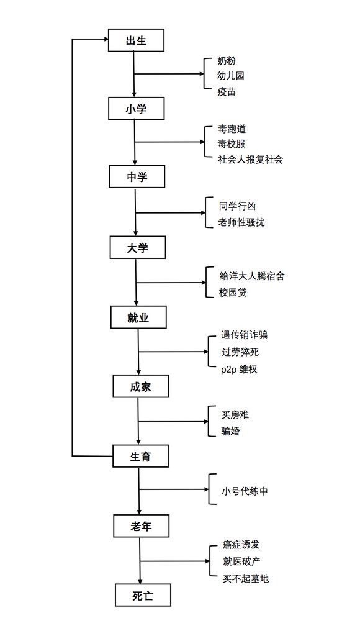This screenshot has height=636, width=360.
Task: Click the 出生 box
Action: pos(136,40)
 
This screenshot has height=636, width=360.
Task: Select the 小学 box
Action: pos(136,108)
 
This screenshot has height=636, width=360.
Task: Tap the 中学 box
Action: pos(137,176)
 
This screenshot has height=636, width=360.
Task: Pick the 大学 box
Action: pos(137,247)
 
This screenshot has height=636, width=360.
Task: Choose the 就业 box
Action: pos(138,317)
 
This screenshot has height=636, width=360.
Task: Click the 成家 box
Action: pos(140,386)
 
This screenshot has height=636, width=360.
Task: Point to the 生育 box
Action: pos(140,456)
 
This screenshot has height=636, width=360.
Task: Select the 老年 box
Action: pos(141,525)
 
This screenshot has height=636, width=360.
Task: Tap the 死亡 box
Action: pos(143,595)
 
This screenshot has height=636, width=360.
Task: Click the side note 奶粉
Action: pos(226,61)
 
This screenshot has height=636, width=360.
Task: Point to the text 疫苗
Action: pos(226,92)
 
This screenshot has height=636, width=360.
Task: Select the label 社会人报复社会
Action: pos(250,159)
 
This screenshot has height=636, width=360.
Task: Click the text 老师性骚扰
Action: pos(241,222)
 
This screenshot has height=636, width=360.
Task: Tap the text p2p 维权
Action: pos(239,369)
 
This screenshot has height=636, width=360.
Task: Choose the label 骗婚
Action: pos(230,430)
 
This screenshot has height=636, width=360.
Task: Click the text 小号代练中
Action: pos(245,491)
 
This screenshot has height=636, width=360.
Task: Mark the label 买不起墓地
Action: pos(246,578)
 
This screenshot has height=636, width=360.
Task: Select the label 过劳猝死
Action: pos(240,352)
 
